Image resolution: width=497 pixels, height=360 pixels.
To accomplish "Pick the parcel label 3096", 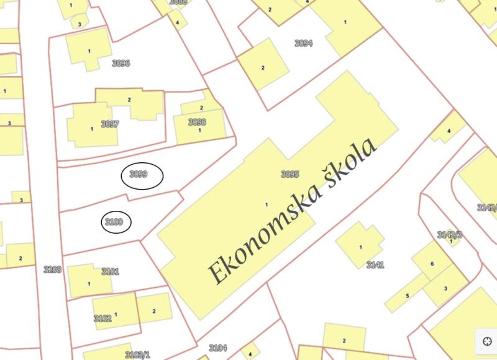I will click(121, 63).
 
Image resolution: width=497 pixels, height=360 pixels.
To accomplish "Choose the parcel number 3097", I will click(109, 124).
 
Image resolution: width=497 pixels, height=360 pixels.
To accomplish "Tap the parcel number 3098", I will click(197, 122).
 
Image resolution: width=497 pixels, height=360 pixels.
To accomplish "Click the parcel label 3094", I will click(303, 44).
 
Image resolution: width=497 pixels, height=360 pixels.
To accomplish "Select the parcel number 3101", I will click(110, 272).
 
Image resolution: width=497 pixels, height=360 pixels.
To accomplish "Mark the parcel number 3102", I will click(103, 318).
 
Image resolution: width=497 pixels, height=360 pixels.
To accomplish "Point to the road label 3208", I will click(53, 269).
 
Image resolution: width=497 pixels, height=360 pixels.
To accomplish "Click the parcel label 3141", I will click(375, 265).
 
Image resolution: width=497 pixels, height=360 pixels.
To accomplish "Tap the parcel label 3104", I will click(218, 348).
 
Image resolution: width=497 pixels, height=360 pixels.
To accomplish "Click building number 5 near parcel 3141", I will click(407, 295).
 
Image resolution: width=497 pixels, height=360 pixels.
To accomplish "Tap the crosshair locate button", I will click(486, 341).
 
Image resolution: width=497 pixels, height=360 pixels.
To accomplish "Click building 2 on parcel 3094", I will click(263, 68).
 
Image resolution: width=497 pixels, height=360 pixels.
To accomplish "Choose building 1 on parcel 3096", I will click(89, 51).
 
